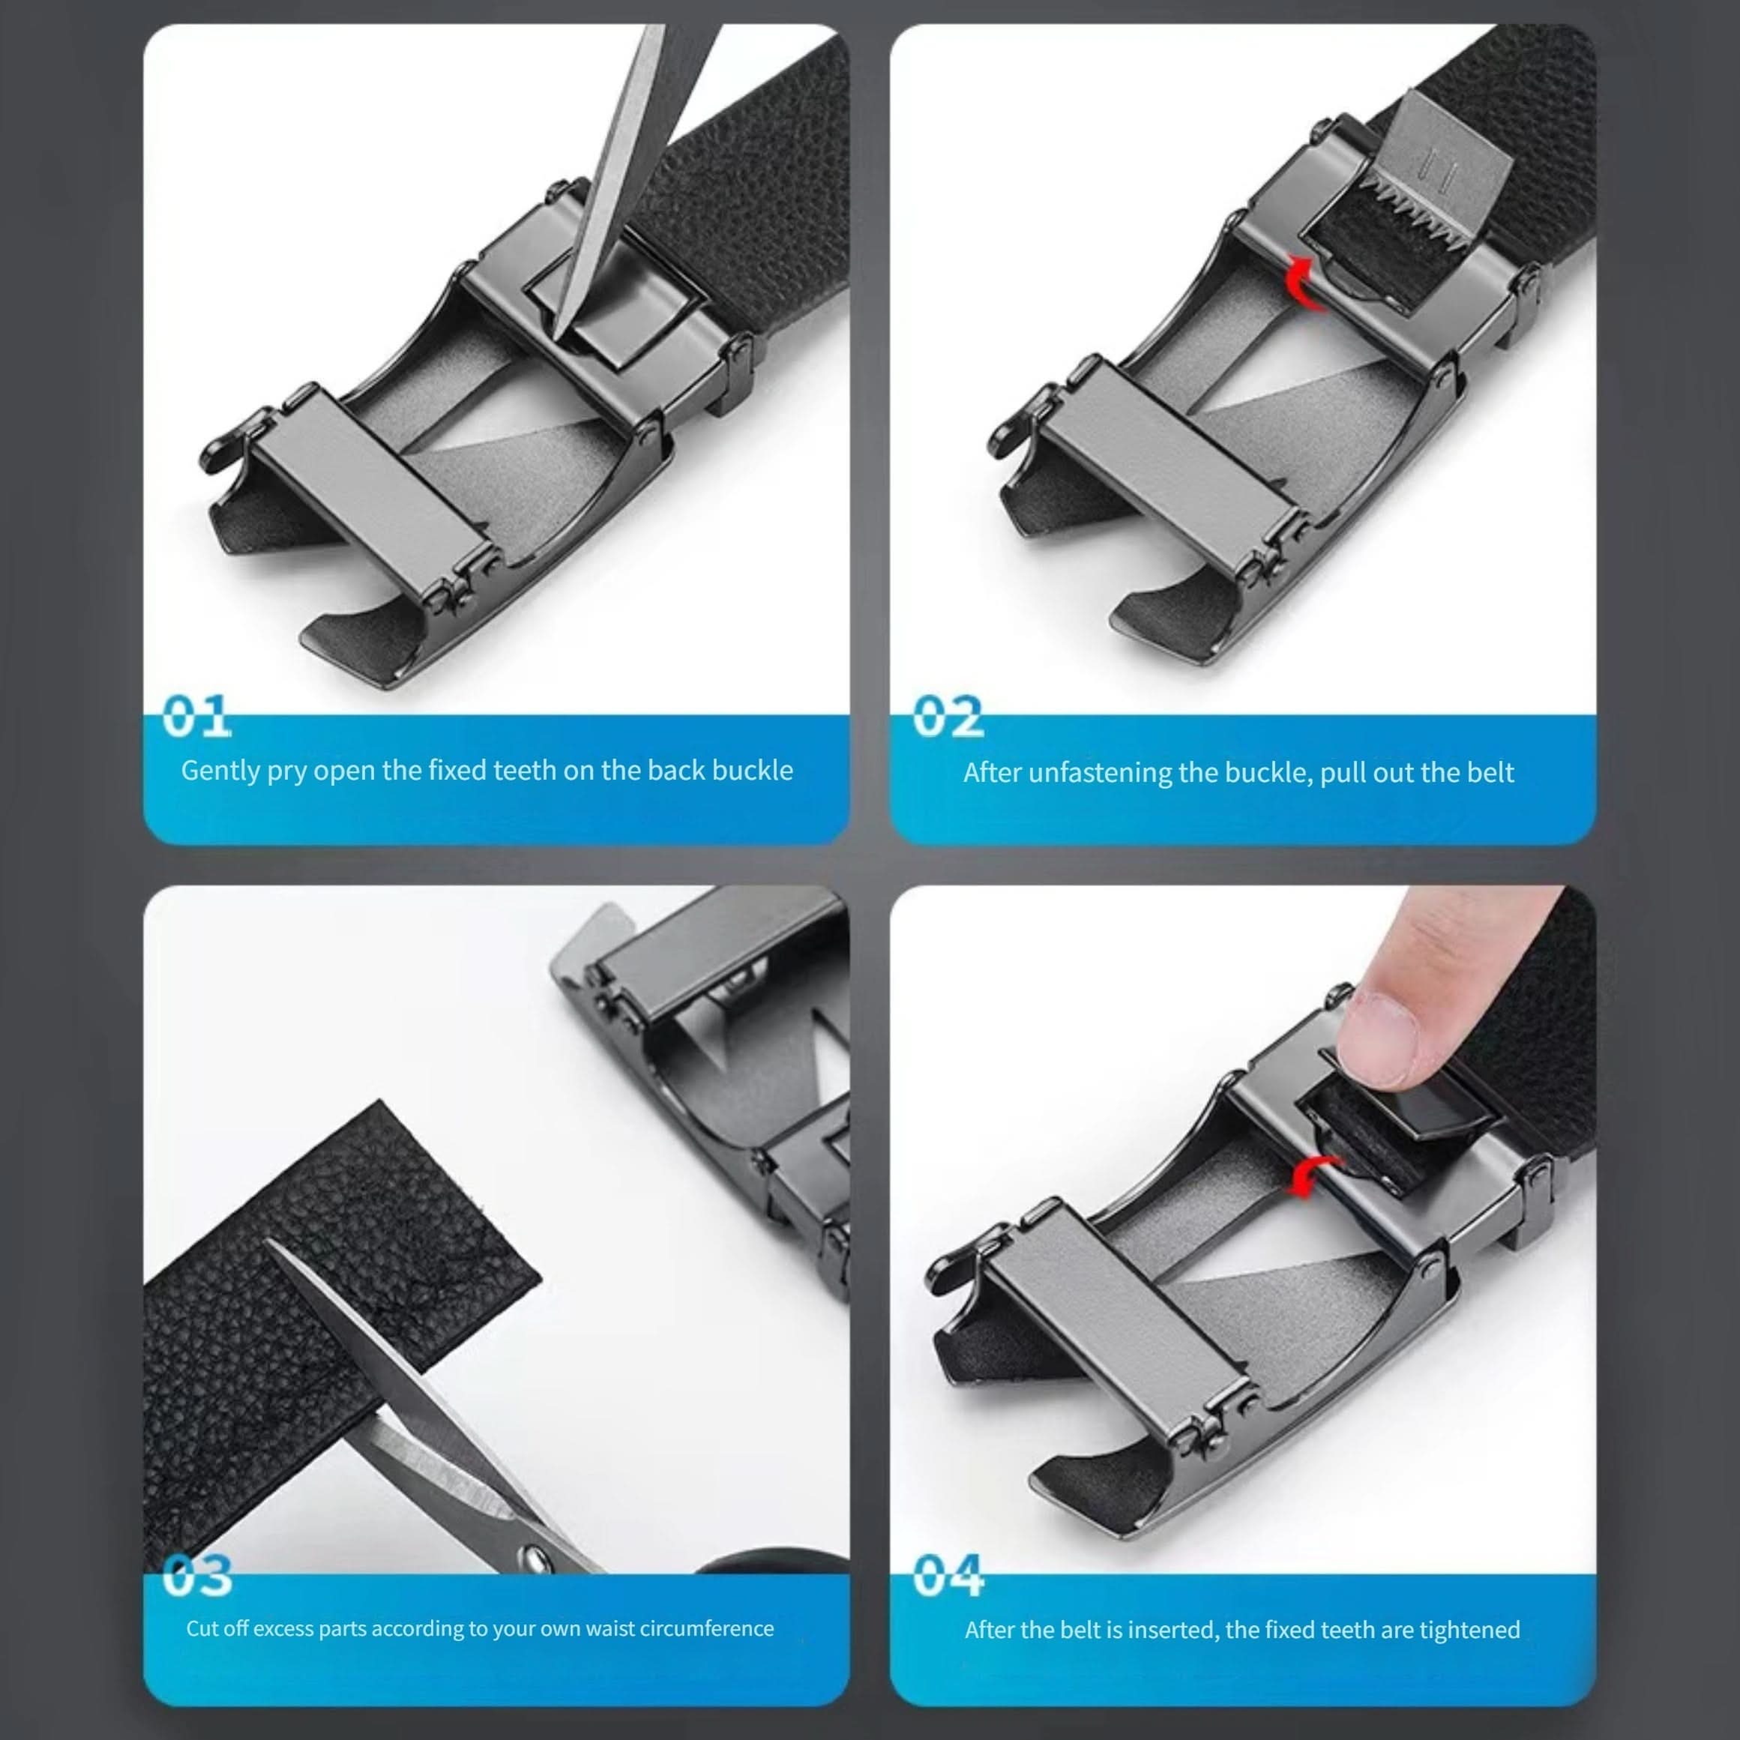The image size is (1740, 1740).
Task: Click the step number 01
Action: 196,717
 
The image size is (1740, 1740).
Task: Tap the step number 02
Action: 948,717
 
